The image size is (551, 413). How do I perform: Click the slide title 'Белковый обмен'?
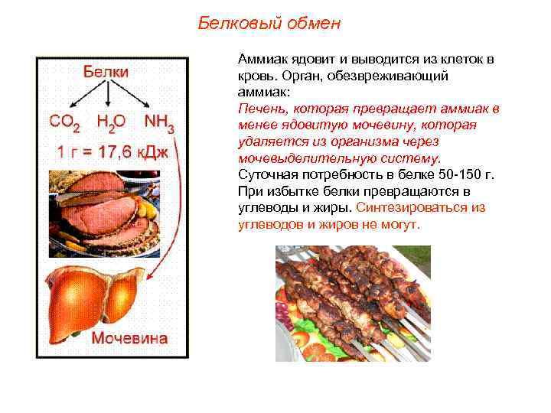(269, 23)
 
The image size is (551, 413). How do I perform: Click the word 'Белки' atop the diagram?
(106, 71)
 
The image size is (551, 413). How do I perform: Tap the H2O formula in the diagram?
(112, 122)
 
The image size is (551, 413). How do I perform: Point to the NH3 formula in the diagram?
(158, 122)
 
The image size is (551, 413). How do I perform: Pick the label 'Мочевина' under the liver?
(130, 338)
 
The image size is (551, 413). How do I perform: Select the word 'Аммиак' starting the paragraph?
(260, 59)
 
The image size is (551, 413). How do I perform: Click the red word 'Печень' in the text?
(259, 109)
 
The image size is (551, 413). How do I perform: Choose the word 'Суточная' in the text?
(263, 175)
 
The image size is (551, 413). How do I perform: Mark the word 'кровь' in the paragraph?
(254, 76)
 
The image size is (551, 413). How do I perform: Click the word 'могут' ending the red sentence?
(400, 225)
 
